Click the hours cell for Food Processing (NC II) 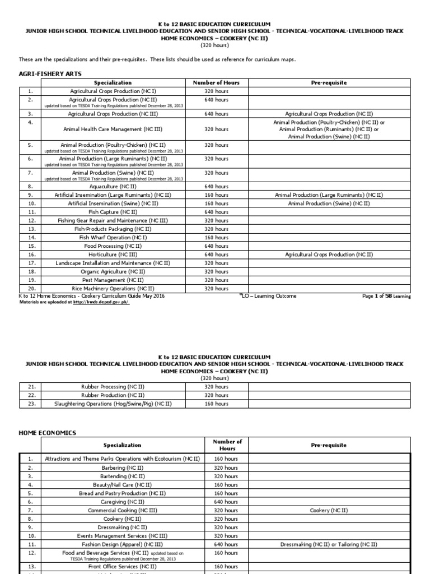216,246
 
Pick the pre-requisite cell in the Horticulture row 329,254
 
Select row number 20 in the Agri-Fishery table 31,289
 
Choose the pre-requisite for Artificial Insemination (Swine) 329,203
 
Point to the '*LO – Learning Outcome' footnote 268,296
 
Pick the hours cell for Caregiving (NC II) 226,502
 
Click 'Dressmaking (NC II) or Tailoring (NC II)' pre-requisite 329,544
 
